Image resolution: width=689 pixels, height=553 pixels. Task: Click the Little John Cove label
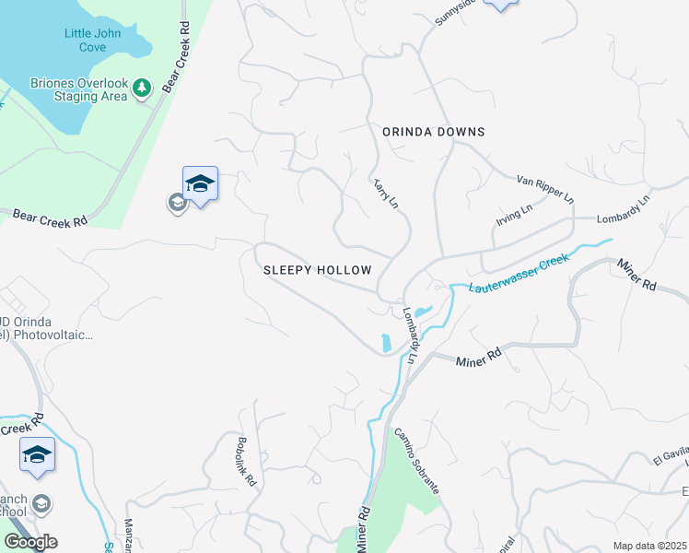(98, 41)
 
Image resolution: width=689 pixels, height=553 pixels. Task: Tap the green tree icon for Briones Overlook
(141, 88)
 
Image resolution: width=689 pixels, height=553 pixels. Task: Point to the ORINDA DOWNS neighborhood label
(433, 132)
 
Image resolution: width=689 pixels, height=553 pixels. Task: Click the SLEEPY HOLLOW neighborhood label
(317, 270)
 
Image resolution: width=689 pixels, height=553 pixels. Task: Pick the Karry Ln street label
(386, 193)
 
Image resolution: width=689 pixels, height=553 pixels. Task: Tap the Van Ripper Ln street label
(544, 188)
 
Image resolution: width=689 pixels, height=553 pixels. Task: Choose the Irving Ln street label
(514, 215)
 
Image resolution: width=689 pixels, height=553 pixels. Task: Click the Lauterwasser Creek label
(520, 274)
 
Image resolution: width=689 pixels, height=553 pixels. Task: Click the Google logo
(30, 542)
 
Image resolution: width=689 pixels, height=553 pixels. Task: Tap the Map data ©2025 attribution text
(649, 546)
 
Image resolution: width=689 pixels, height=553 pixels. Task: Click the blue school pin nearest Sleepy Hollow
(200, 183)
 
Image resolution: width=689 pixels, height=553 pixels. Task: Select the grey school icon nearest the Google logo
(41, 504)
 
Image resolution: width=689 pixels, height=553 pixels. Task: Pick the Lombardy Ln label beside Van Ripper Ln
(624, 208)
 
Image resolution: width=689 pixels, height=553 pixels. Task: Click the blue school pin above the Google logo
(37, 455)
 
